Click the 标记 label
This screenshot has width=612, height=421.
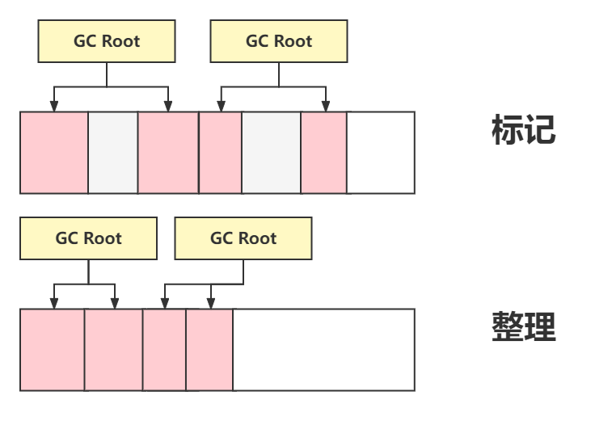(523, 130)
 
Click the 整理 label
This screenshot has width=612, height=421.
(523, 326)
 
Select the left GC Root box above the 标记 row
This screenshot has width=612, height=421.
(107, 41)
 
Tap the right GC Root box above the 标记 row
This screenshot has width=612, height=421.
(279, 41)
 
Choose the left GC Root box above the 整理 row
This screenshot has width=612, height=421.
(89, 238)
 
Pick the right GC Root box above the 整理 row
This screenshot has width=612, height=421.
(243, 238)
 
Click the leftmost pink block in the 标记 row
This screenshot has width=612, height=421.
(54, 153)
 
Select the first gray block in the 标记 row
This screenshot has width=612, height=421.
(113, 153)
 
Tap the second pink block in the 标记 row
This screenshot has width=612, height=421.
(168, 153)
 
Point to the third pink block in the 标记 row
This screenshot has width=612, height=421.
(220, 153)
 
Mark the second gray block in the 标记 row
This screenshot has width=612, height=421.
(271, 153)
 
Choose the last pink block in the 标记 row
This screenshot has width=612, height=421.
(323, 153)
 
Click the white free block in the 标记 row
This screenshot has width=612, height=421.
(380, 153)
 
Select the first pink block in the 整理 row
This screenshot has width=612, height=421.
(53, 349)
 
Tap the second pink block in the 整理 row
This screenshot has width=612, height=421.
(114, 349)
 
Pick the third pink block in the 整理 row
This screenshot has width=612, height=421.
(165, 349)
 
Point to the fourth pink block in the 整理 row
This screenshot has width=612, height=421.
(209, 349)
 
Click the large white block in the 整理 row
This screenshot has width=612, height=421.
(323, 349)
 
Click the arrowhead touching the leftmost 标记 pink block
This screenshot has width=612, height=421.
(54, 106)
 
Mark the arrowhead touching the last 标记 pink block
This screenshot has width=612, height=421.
(325, 106)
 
